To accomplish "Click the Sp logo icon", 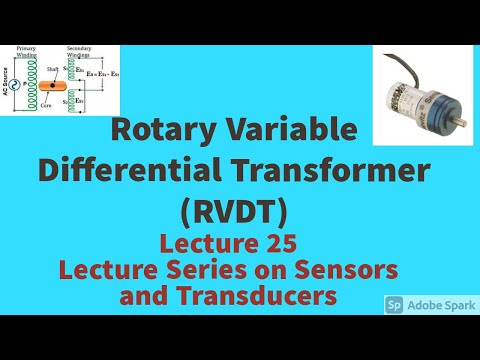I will [x=394, y=303].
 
